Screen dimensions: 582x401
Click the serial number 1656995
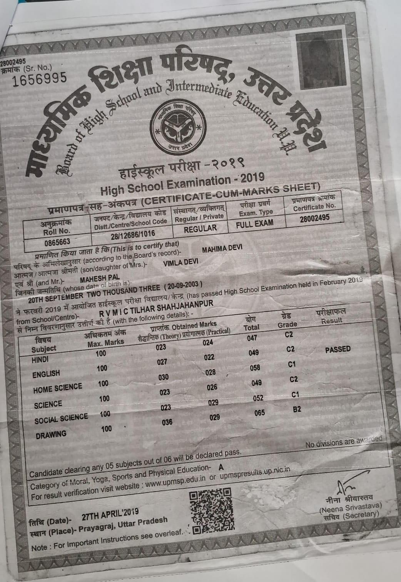coord(39,79)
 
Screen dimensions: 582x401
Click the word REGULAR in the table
coord(200,228)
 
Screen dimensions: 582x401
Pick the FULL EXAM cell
coord(254,223)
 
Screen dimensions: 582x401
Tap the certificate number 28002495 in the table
coord(314,217)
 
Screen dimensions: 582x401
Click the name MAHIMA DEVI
coord(222,248)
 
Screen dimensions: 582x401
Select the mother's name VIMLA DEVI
coord(180,262)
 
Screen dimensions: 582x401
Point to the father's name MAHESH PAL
coord(100,277)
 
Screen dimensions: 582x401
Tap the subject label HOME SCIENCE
coord(57,388)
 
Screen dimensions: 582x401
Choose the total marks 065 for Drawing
coord(260,413)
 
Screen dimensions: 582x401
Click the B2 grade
coord(296,409)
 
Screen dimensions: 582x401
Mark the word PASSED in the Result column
coord(338,349)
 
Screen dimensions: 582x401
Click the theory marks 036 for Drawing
coord(167,422)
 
